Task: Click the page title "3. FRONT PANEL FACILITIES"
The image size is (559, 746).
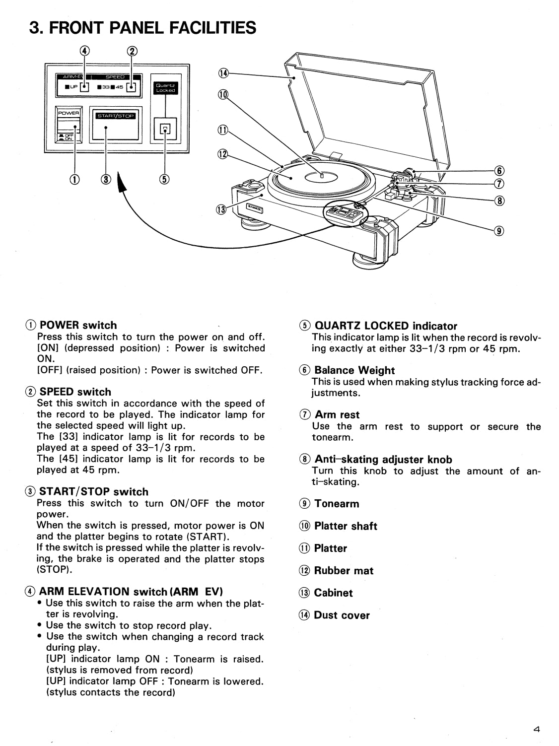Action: pyautogui.click(x=143, y=28)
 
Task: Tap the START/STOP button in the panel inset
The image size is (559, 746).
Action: pyautogui.click(x=116, y=125)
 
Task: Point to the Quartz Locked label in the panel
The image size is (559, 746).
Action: pyautogui.click(x=165, y=88)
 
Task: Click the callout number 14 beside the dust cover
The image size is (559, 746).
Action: pyautogui.click(x=223, y=73)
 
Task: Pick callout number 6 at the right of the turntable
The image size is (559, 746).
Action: pyautogui.click(x=499, y=172)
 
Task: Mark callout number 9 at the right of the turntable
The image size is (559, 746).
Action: pyautogui.click(x=499, y=230)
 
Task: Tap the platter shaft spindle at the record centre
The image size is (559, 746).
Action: pyautogui.click(x=321, y=175)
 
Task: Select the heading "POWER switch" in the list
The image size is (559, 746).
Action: pyautogui.click(x=78, y=325)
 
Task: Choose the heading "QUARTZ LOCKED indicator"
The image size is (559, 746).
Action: pyautogui.click(x=385, y=326)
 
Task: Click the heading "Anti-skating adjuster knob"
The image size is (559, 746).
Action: pyautogui.click(x=383, y=460)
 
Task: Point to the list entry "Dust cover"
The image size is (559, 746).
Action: pyautogui.click(x=342, y=615)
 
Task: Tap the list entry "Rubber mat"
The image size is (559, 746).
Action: pyautogui.click(x=344, y=571)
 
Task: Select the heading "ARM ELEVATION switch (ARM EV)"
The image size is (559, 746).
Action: pyautogui.click(x=131, y=592)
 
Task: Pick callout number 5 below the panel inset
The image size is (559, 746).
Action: pyautogui.click(x=164, y=179)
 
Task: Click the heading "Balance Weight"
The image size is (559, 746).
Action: pyautogui.click(x=354, y=370)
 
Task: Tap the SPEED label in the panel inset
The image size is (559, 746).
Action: pyautogui.click(x=115, y=77)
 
